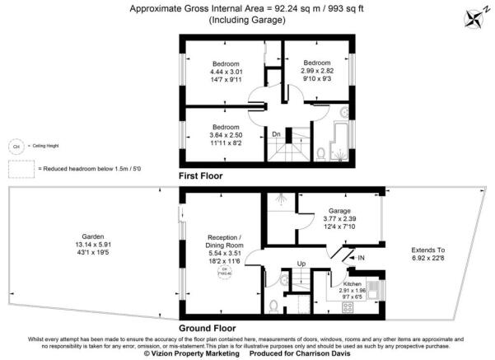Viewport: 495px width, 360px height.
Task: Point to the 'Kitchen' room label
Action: pyautogui.click(x=353, y=282)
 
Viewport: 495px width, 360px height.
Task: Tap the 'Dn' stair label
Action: pyautogui.click(x=277, y=133)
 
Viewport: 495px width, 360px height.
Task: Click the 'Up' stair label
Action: pyautogui.click(x=302, y=264)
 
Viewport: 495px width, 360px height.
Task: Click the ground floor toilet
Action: pyautogui.click(x=273, y=306)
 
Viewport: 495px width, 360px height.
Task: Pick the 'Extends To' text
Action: pyautogui.click(x=427, y=250)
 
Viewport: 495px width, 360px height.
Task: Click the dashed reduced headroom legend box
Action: pyautogui.click(x=21, y=168)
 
